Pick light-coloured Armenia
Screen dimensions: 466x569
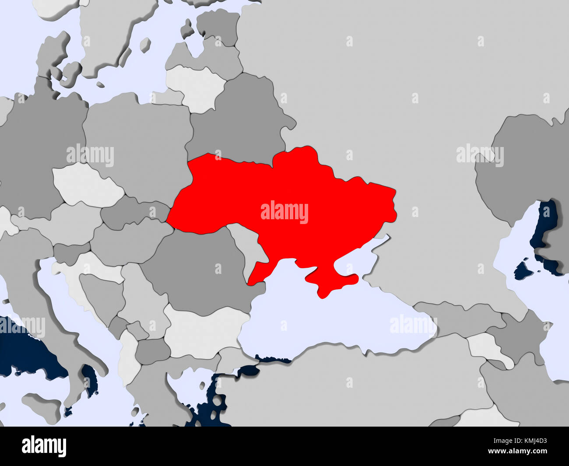pos(488,346)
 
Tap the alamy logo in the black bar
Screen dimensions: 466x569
pos(44,446)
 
